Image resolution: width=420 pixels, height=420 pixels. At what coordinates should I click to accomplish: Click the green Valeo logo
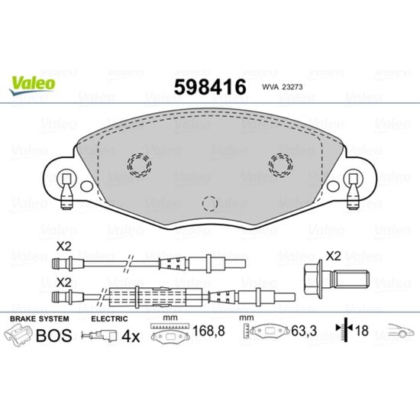click(x=32, y=84)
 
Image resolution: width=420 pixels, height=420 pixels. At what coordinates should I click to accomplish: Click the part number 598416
click(x=210, y=87)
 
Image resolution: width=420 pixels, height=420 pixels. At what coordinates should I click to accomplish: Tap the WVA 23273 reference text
click(x=283, y=87)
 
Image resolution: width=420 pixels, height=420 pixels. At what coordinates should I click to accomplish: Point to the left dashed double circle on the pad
click(x=139, y=165)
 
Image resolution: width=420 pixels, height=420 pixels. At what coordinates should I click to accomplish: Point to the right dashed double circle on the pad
click(x=280, y=165)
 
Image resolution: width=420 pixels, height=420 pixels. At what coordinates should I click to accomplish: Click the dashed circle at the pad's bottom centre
click(x=210, y=204)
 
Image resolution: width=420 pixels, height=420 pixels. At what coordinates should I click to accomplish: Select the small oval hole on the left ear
click(x=86, y=186)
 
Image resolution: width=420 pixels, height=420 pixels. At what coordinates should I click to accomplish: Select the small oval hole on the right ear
click(x=333, y=186)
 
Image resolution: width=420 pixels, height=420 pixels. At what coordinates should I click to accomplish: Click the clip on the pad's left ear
click(x=66, y=191)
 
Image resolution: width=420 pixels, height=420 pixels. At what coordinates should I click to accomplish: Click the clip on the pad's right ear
click(x=354, y=191)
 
